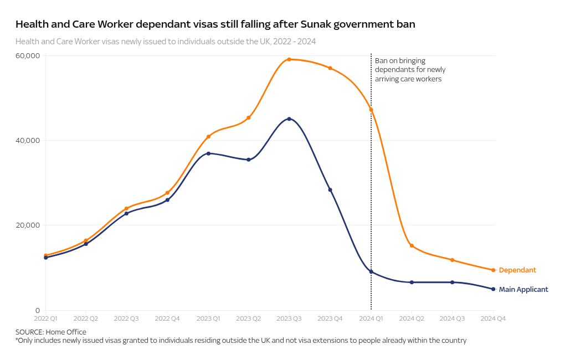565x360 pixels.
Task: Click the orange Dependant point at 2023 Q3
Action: tap(289, 59)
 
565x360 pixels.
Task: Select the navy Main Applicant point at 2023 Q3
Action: tap(289, 119)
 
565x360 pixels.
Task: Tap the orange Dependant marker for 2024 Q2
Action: tap(412, 245)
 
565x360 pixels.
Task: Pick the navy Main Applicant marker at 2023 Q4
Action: tap(330, 190)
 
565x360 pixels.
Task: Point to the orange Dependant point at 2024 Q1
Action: tap(371, 110)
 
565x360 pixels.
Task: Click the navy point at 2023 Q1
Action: tap(208, 153)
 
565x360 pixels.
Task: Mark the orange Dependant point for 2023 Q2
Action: tap(248, 117)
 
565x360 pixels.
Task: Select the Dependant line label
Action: tap(517, 270)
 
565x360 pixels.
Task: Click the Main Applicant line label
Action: tap(523, 290)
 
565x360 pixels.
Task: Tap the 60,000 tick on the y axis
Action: tap(28, 56)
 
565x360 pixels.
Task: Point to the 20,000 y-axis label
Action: tap(28, 225)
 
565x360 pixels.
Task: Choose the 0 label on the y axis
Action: tap(37, 310)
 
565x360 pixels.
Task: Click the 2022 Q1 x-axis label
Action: tap(45, 319)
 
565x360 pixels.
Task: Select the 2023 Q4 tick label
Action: tap(330, 319)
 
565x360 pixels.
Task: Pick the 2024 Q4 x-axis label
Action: tap(493, 319)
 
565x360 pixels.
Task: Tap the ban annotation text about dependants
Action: tap(410, 70)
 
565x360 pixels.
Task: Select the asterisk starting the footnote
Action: tap(17, 340)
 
